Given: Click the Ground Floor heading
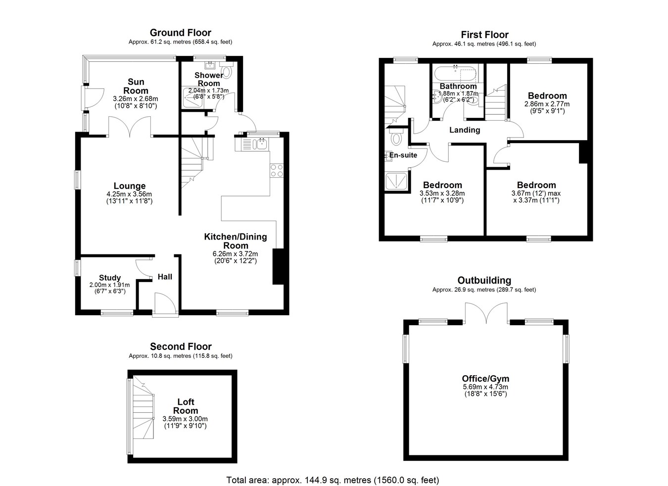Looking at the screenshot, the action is pos(181,33).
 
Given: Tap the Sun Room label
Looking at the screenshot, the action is pos(136,86).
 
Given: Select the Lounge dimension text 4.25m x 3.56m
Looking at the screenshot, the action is pos(130,194).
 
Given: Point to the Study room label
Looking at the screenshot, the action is pos(110,278).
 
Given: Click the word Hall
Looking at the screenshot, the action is pos(165,277).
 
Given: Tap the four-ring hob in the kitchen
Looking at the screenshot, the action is pos(277,171).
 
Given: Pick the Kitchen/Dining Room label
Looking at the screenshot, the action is pos(236,241).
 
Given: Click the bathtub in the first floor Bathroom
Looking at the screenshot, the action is pos(455,74).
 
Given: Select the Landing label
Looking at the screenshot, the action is pos(465,130).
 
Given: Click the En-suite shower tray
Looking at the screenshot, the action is pos(396,181).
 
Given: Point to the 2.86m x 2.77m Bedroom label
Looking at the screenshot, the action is pos(547,96).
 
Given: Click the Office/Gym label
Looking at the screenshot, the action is pos(485,379).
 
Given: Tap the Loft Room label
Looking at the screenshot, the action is pos(186,406).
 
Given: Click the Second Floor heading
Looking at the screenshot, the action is pos(181,346).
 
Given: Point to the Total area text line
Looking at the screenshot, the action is pos(333,480).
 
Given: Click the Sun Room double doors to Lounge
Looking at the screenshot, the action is pos(130,127).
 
